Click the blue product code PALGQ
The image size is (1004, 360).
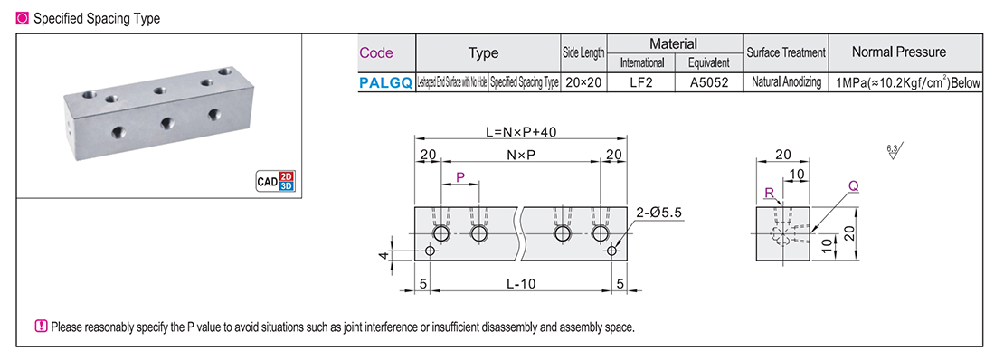[x=385, y=82]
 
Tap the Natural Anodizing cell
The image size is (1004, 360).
[x=784, y=82]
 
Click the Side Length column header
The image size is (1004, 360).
[x=583, y=53]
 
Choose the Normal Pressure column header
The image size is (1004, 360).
[x=905, y=52]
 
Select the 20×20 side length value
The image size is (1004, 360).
[x=583, y=82]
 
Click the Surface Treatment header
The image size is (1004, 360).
[x=784, y=53]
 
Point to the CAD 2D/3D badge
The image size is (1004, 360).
[x=277, y=182]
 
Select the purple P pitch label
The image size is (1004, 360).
[x=460, y=177]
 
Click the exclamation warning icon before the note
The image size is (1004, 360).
[x=41, y=327]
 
